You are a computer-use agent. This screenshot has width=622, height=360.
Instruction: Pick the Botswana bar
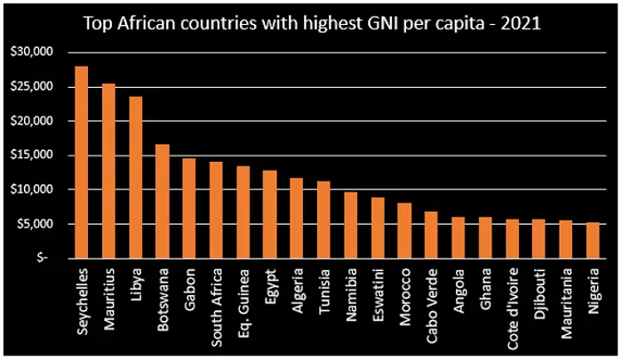pyautogui.click(x=163, y=201)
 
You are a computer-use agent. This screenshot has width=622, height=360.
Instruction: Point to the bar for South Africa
pyautogui.click(x=216, y=210)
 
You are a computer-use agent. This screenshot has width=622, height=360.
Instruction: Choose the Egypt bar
pyautogui.click(x=270, y=214)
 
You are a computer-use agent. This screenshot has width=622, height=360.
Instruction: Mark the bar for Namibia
pyautogui.click(x=351, y=225)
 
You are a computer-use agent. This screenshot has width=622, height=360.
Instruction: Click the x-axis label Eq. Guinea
pyautogui.click(x=243, y=298)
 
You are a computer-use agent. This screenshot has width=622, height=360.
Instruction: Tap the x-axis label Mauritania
pyautogui.click(x=566, y=303)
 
